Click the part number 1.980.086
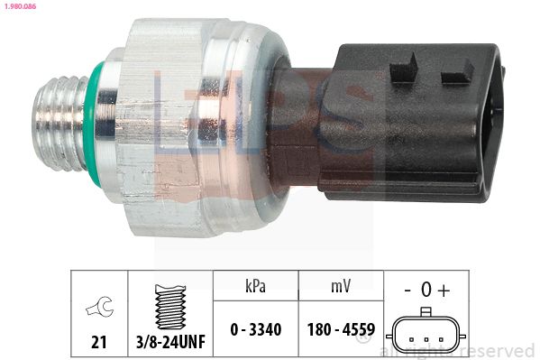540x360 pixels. point(20,6)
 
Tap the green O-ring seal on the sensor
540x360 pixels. point(92,125)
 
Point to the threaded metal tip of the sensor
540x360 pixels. point(60,124)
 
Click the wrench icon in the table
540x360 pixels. point(99,306)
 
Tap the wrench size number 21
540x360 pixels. point(99,342)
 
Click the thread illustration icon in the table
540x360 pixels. point(170,307)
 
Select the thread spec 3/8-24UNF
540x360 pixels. point(170,342)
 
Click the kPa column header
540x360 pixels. point(255,286)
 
